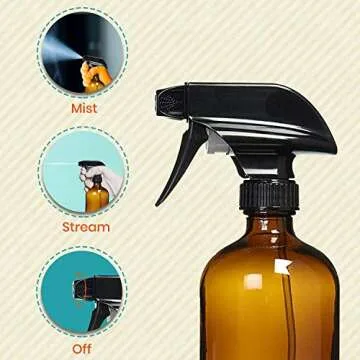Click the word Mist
(84, 107)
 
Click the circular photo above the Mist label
(84, 52)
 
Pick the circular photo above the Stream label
(84, 172)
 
